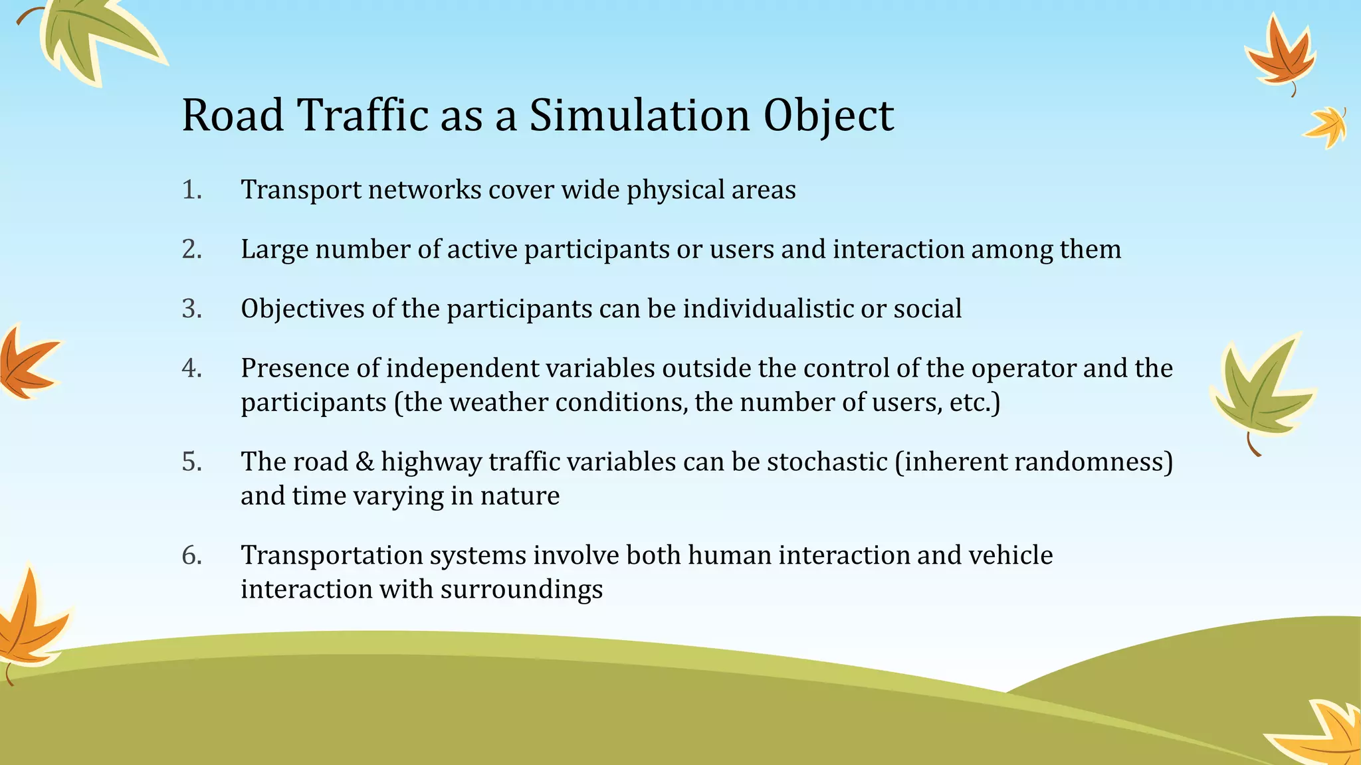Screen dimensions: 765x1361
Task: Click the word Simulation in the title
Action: point(639,116)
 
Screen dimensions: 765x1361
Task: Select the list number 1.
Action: point(191,190)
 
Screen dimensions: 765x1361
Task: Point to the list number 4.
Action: point(191,369)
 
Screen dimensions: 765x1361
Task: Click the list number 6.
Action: point(191,555)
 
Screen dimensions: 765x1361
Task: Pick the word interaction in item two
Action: point(898,249)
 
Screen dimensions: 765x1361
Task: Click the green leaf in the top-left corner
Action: point(93,37)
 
